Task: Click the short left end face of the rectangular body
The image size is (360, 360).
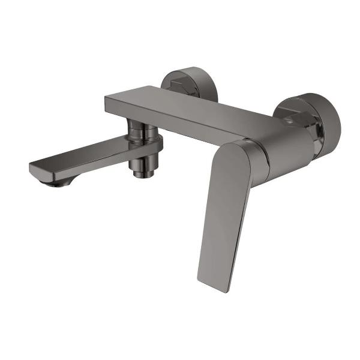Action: point(111,106)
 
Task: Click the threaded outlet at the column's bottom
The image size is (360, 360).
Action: point(143,172)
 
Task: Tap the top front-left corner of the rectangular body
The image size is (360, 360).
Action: point(107,97)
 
